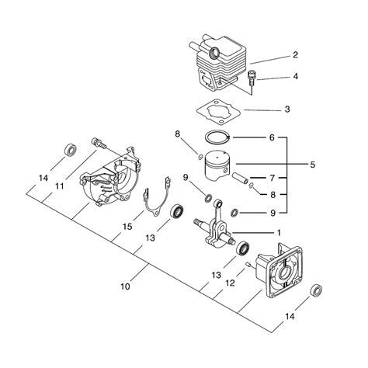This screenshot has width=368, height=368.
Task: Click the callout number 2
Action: point(295,55)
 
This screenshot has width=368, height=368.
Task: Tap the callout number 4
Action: point(295,76)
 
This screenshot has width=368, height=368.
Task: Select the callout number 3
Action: point(287,109)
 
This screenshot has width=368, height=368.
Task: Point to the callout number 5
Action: point(313,165)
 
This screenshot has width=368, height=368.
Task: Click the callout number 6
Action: point(272,137)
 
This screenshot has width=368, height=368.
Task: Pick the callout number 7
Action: point(272,178)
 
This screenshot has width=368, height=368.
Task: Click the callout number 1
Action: point(279,233)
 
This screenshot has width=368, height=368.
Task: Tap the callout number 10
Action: point(125,286)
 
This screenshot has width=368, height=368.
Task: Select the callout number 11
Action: point(60,186)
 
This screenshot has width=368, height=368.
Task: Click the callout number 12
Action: point(230,283)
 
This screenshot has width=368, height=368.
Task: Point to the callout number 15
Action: point(127,227)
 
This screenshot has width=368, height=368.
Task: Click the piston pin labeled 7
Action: point(240,179)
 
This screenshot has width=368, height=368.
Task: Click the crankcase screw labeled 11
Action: point(99,143)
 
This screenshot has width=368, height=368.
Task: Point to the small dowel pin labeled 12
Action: point(248,265)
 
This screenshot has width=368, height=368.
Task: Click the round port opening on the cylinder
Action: point(214,53)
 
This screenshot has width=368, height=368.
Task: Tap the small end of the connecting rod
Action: point(218,204)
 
